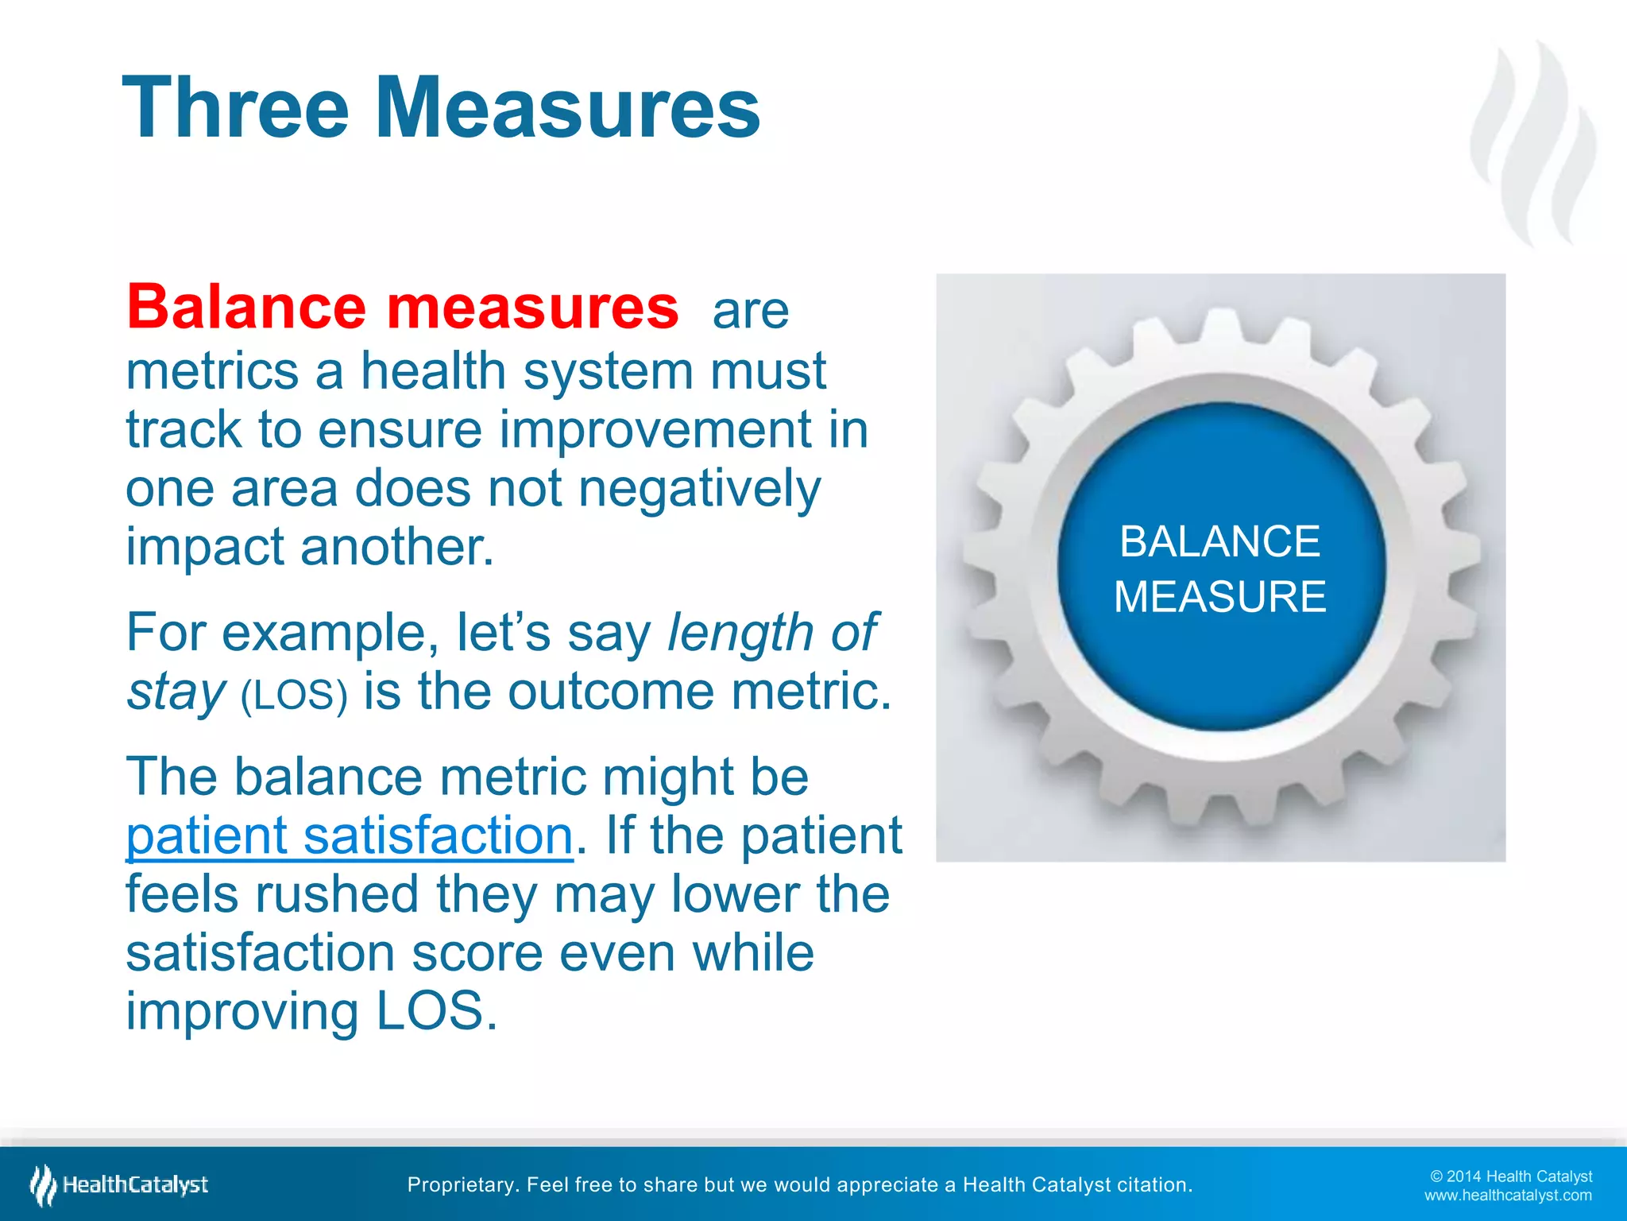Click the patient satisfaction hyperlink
350,836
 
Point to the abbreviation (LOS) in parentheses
294,695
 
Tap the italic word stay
176,692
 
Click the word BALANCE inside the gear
1219,542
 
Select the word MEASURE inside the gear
1219,597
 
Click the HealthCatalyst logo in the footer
119,1185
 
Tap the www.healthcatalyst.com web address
1508,1196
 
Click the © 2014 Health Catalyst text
1511,1176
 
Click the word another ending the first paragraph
396,548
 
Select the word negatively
699,489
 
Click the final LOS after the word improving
436,1011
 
